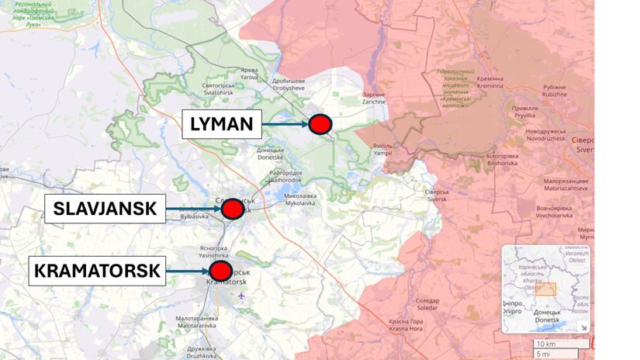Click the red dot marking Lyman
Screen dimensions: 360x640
coord(320,123)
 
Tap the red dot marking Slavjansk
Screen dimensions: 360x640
coord(232,209)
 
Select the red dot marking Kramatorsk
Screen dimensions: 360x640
coord(221,271)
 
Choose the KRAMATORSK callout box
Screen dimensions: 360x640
coord(98,271)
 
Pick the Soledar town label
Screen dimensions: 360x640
coord(427,303)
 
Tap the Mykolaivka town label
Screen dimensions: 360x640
coord(299,200)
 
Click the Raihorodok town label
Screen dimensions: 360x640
coord(285,175)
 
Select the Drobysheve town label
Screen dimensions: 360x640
coord(289,85)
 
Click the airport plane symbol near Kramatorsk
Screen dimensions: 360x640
coord(242,295)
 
